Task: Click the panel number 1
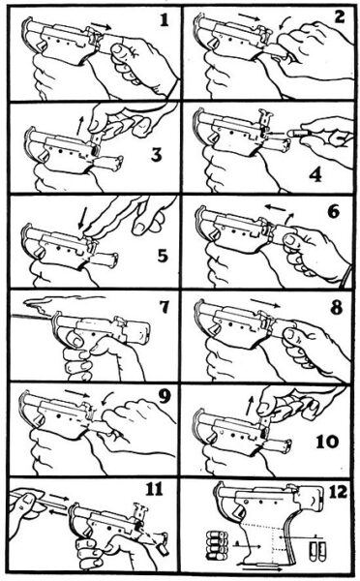(x=165, y=20)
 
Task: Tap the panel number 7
(x=164, y=307)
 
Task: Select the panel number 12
(x=338, y=492)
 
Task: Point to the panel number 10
(x=327, y=442)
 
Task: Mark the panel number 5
(x=163, y=257)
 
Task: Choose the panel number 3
(x=157, y=155)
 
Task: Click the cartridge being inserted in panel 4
(x=295, y=133)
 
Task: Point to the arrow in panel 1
(x=101, y=25)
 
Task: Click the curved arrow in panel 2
(x=285, y=22)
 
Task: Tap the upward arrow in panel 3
(x=80, y=126)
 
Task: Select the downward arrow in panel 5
(x=82, y=219)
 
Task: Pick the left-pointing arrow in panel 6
(x=275, y=207)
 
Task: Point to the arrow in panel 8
(x=265, y=303)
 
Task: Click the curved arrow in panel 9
(x=107, y=399)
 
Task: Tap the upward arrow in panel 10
(x=251, y=405)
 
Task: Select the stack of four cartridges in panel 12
(x=216, y=544)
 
